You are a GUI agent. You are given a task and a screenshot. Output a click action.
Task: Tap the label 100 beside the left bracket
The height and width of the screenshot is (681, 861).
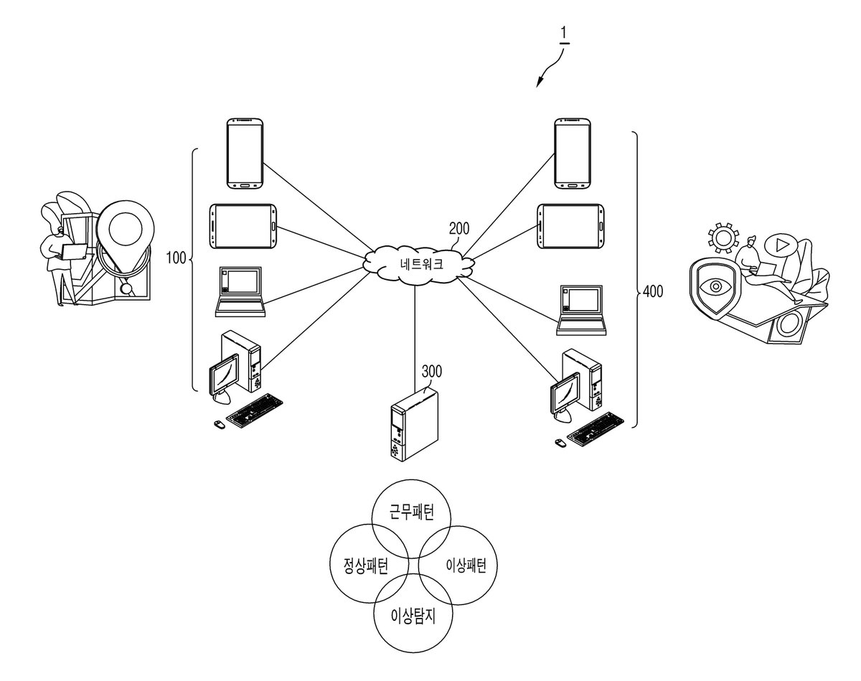tap(176, 258)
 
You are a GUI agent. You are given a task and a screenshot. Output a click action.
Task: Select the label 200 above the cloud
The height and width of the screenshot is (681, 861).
tap(459, 228)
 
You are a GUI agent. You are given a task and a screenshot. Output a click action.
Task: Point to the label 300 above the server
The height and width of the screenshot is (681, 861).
tap(432, 371)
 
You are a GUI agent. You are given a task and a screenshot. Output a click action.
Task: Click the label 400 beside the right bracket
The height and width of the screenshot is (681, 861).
tap(653, 291)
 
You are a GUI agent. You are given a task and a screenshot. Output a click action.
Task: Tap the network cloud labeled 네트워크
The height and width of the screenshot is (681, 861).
tap(419, 264)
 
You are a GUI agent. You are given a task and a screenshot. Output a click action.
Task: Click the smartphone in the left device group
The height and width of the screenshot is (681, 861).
tap(245, 154)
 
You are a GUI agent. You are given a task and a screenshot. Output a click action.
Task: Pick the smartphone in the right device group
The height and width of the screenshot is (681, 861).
tap(573, 154)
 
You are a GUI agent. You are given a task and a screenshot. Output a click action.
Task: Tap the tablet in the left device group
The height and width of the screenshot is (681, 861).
tap(243, 226)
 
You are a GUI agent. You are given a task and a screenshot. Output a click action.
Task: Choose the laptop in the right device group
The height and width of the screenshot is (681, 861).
tap(581, 310)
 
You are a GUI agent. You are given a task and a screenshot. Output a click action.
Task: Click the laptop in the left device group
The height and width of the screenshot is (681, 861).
tap(240, 291)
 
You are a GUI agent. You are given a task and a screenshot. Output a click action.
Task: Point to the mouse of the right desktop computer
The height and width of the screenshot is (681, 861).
tap(560, 442)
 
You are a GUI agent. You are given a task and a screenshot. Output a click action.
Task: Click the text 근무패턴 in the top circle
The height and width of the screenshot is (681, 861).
tap(412, 512)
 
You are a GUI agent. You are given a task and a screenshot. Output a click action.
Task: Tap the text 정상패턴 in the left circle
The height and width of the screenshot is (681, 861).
tap(366, 565)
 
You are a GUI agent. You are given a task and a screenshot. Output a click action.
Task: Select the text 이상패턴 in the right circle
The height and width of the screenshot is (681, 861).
tap(466, 565)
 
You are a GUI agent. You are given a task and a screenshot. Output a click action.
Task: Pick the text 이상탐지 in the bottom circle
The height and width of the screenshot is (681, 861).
tap(413, 616)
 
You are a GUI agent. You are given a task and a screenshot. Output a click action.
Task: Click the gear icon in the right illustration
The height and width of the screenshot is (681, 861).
tap(723, 238)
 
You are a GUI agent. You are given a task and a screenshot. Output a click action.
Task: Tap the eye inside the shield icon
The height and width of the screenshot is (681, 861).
tap(716, 286)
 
